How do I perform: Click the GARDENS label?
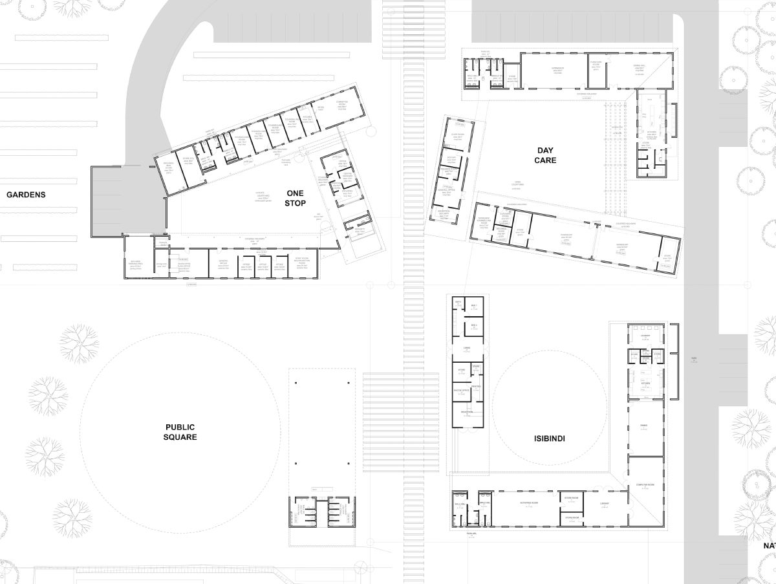27,194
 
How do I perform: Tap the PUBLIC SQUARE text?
180,432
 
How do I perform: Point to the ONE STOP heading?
295,198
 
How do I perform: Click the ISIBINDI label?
550,438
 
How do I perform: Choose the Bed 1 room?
474,305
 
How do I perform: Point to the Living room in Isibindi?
466,349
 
